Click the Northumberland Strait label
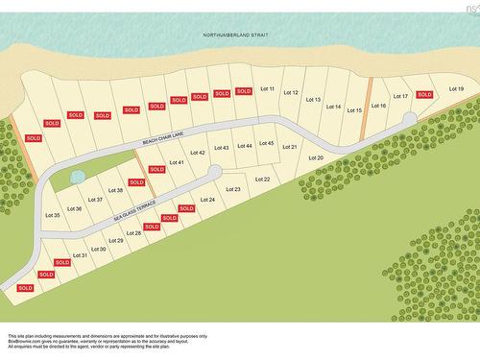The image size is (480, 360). tap(235, 35)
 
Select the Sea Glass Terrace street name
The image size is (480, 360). tap(133, 212)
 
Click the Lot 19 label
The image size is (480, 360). tap(455, 88)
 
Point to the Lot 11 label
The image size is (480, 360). tap(267, 88)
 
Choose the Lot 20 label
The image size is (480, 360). tap(315, 156)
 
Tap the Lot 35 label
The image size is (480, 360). tap(53, 215)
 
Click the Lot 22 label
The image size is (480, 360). tap(261, 179)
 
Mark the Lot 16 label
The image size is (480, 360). tap(377, 106)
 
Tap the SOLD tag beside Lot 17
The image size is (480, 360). tap(424, 94)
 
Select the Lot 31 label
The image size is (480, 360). tap(82, 254)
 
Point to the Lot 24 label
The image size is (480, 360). tap(207, 200)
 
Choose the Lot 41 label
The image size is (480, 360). tap(177, 162)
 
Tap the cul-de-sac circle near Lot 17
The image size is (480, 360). tap(410, 117)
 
